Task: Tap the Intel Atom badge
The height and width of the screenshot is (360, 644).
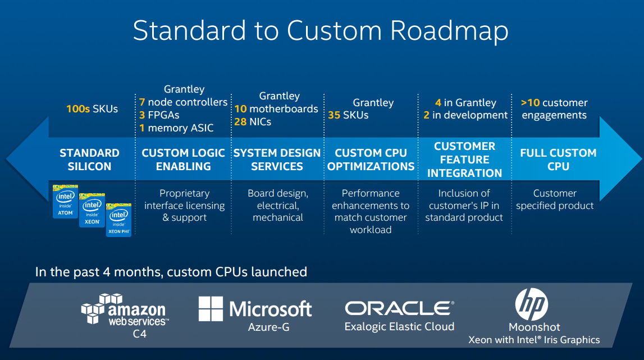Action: pos(66,200)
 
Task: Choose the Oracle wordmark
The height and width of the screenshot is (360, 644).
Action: pos(399,308)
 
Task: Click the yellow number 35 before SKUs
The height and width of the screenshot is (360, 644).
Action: pos(335,115)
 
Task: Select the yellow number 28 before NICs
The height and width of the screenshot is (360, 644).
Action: pos(240,121)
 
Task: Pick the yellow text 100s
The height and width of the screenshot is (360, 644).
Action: pos(78,109)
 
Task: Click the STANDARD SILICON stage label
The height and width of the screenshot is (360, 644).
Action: pos(89,160)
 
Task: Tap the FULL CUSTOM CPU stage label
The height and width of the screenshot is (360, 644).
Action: pos(558,160)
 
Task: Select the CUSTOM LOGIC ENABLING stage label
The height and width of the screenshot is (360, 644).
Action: pos(183,160)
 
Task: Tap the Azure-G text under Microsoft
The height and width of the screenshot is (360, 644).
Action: pos(270,327)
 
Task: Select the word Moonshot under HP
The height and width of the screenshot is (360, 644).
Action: pos(534,327)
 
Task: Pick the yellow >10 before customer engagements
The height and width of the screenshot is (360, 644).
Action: pos(530,103)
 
